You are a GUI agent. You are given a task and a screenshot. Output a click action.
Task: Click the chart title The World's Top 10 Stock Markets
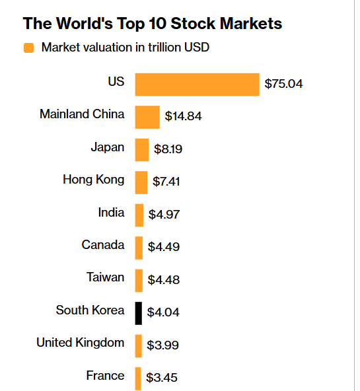(x=152, y=24)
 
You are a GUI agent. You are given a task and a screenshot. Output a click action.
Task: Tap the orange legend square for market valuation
(x=28, y=48)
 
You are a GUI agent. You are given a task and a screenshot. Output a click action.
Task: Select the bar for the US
(x=197, y=85)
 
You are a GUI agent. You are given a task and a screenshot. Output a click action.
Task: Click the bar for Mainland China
(x=147, y=117)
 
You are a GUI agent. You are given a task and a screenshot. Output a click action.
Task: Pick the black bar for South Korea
(x=139, y=312)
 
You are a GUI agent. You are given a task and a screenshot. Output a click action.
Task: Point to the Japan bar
(x=142, y=149)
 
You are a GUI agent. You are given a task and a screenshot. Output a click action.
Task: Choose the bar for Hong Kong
(x=141, y=182)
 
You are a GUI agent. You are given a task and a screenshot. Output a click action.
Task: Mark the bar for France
(x=138, y=378)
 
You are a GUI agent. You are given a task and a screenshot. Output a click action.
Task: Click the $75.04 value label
(x=283, y=84)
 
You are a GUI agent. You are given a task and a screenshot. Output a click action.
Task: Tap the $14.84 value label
(x=183, y=117)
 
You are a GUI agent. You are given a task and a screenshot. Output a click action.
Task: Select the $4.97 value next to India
(x=164, y=215)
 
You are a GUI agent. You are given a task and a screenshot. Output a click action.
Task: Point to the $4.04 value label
(x=163, y=312)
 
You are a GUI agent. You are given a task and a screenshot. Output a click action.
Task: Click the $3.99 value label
(x=163, y=345)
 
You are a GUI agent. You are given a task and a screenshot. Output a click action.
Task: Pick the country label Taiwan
(x=105, y=277)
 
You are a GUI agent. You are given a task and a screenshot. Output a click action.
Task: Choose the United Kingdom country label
(x=80, y=342)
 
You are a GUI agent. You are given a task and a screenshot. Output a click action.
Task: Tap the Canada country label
(x=103, y=245)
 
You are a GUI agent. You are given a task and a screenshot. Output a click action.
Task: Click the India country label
(x=111, y=212)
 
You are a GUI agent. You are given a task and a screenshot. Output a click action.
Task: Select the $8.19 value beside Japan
(x=168, y=149)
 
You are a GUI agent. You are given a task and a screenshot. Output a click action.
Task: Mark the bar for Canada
(x=139, y=247)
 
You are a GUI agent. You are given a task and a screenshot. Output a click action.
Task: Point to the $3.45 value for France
(x=162, y=378)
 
